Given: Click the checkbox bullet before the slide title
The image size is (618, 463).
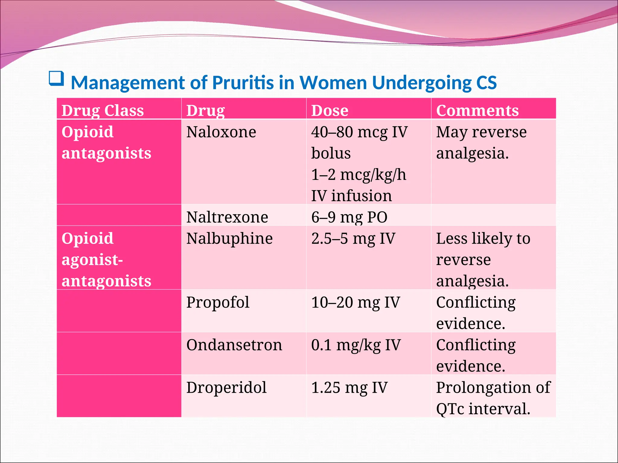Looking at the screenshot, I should (x=56, y=79).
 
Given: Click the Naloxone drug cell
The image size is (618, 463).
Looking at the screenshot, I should (x=221, y=132).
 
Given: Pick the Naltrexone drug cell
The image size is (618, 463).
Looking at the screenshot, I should (x=227, y=217).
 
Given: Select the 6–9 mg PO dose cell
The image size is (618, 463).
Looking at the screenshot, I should (x=349, y=217).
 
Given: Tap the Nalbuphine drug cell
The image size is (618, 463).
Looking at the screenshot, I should (x=229, y=238).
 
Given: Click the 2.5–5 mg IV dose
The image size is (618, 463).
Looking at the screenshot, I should (x=353, y=238).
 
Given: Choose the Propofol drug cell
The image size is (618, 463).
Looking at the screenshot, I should (x=218, y=302).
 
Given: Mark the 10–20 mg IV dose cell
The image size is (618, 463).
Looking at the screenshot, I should (x=355, y=302).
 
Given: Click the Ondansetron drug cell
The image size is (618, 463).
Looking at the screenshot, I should (x=234, y=345).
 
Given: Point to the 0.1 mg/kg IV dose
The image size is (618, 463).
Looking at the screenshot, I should (x=356, y=345).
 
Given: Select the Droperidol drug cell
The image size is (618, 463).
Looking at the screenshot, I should (x=226, y=388).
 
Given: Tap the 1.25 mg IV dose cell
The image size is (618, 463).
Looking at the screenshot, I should (x=349, y=388).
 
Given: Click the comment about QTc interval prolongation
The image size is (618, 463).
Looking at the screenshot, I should (x=493, y=398).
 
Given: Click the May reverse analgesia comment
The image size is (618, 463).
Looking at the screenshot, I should (x=481, y=143).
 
